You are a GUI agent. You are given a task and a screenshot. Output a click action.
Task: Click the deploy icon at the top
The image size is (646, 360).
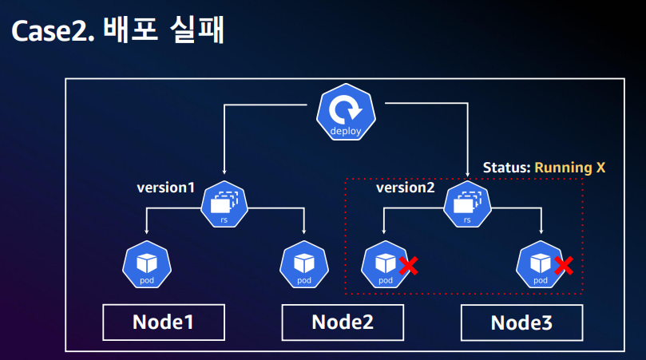point(346,115)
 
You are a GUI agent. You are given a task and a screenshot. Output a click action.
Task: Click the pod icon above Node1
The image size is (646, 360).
point(146,265)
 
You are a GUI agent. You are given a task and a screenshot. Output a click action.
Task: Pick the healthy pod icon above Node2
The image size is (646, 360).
point(303,265)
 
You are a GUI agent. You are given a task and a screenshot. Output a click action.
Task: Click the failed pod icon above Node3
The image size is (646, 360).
point(541,265)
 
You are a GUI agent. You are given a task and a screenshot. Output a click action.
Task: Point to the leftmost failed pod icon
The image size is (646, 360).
point(385,265)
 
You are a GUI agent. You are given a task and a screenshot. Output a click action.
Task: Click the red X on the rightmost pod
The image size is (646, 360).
point(564,265)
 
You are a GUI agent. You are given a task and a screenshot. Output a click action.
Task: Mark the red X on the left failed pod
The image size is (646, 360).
point(408,265)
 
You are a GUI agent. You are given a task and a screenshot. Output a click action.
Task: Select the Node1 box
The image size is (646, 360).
point(163,322)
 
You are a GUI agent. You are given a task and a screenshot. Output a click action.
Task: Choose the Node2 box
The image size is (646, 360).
point(343,322)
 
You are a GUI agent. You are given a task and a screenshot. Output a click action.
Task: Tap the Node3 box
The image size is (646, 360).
point(522,323)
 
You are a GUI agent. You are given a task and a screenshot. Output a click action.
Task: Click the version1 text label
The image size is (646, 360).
point(165,188)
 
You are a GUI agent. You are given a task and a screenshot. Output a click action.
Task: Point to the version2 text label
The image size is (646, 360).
point(406,188)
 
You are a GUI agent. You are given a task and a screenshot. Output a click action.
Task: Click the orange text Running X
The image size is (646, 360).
point(569,168)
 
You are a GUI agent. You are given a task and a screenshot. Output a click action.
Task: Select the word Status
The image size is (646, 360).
point(505,168)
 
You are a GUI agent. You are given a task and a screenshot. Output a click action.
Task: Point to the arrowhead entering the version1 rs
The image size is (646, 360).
point(225,171)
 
